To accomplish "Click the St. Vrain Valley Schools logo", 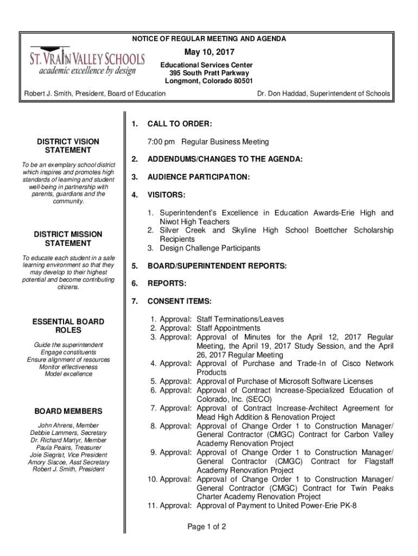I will tap(87, 61).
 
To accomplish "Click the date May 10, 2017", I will tap(209, 52).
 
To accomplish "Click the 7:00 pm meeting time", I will tap(161, 142).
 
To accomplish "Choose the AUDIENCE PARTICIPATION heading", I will tap(199, 177).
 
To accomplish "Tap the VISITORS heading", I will tap(166, 194).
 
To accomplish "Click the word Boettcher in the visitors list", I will tap(332, 230).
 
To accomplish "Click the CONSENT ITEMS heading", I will tap(180, 301).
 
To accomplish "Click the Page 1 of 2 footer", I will tap(206, 527).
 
